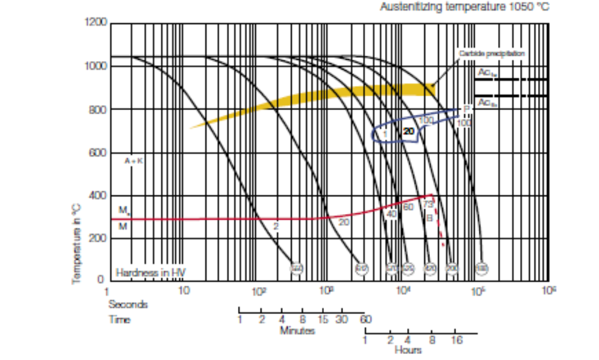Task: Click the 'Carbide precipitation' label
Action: click(491, 54)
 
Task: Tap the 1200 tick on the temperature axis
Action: click(96, 23)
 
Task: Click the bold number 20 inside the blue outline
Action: click(409, 131)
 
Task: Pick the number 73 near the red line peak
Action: click(427, 205)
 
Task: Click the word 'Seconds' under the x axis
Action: click(127, 304)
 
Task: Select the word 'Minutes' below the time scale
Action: click(297, 331)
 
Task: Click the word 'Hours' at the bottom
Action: click(409, 349)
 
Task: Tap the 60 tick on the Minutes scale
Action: click(365, 320)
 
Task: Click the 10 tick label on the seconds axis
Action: click(184, 291)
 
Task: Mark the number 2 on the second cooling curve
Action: click(276, 227)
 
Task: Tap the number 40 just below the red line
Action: click(392, 213)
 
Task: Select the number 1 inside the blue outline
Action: click(386, 133)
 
